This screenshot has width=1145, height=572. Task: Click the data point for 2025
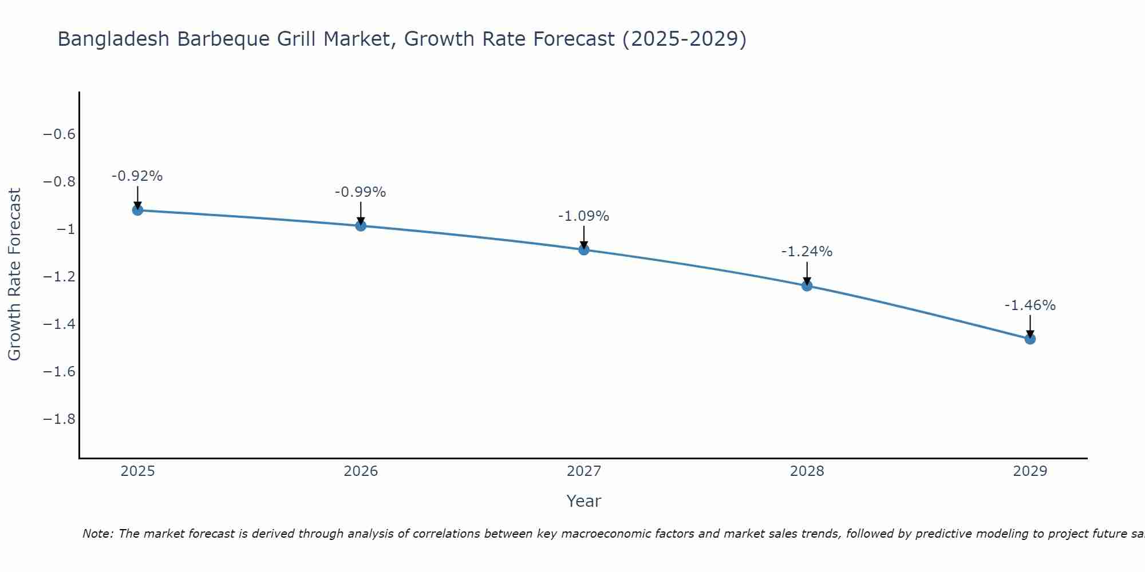pos(137,210)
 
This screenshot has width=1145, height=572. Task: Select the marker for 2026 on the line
pos(361,226)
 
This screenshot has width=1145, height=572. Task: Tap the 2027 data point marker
pos(584,250)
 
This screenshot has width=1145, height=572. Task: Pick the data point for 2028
pos(807,285)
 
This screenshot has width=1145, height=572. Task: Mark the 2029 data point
pos(1030,339)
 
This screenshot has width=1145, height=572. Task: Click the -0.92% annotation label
pos(137,176)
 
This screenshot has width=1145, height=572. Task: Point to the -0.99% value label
pos(360,192)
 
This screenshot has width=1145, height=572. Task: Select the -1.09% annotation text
pos(583,216)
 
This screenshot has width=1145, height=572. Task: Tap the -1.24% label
pos(807,252)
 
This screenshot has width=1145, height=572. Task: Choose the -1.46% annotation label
pos(1030,305)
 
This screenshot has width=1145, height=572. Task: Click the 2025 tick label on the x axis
pos(137,471)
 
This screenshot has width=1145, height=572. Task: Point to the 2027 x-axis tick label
pos(584,471)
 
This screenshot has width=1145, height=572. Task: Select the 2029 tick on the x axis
pos(1030,471)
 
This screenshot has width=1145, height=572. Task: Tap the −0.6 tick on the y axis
pos(60,134)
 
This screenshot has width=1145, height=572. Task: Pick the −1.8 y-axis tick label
pos(60,419)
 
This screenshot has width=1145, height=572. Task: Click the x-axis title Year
pos(583,501)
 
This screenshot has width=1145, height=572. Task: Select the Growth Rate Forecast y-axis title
pos(14,275)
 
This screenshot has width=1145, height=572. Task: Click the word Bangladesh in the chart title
pos(113,39)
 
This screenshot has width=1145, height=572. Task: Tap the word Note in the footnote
pos(97,534)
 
